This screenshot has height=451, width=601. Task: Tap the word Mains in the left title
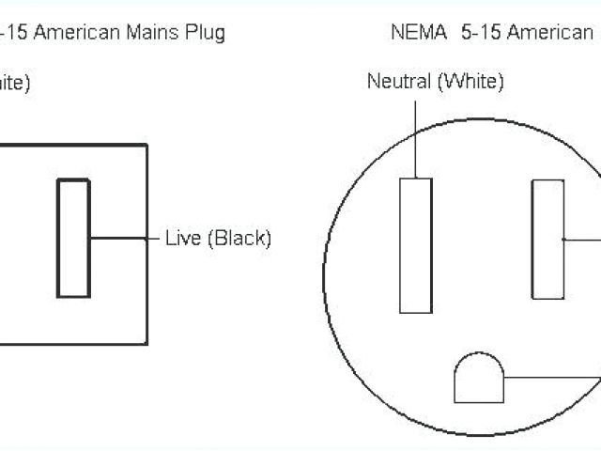point(153,34)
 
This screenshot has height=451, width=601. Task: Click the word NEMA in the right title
point(414,34)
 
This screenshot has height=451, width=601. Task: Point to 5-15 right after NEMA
point(480,34)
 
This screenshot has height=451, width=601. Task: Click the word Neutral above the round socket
point(399,82)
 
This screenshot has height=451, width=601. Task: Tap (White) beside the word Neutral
point(470,82)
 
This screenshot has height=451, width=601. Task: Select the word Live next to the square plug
point(182,238)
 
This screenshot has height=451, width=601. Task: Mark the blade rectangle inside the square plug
point(73,238)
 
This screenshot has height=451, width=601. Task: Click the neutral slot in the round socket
point(415,244)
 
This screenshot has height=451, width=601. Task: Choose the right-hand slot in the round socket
point(547,239)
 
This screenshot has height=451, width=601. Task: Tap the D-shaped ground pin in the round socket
point(479,379)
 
